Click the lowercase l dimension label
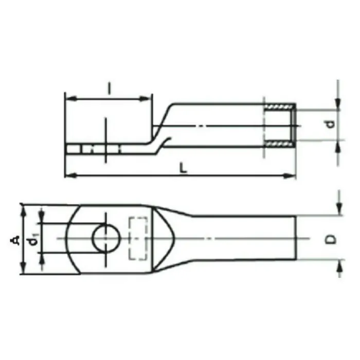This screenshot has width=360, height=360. pos(110,89)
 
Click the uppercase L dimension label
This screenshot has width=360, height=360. pos(183,168)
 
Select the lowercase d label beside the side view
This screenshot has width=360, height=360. pos(331,124)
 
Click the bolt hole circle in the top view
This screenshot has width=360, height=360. pos(106,238)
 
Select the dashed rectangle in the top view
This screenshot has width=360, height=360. pos(138,238)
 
